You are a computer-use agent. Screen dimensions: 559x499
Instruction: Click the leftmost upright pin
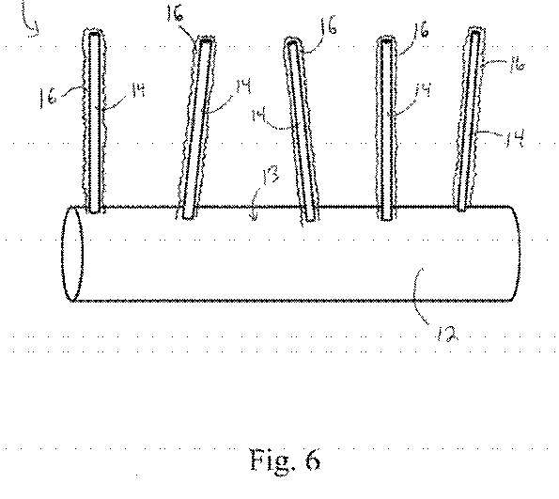95,121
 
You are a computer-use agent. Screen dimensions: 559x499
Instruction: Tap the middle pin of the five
301,131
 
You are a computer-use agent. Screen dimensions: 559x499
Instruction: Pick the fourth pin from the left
387,128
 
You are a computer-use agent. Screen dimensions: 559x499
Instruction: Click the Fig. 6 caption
285,460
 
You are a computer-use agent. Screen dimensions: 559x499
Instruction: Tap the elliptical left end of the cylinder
72,253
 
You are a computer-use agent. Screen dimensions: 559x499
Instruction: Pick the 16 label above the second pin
175,14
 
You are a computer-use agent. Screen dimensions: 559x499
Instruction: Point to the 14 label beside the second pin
242,86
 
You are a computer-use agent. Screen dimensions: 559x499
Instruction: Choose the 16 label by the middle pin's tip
328,26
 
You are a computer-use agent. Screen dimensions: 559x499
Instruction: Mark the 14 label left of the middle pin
259,116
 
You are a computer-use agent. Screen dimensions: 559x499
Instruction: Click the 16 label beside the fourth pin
420,29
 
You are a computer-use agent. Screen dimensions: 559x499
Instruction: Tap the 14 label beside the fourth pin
422,90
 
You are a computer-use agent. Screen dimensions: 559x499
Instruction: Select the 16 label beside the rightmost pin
517,66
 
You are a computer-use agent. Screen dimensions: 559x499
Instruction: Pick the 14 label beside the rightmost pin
514,138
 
